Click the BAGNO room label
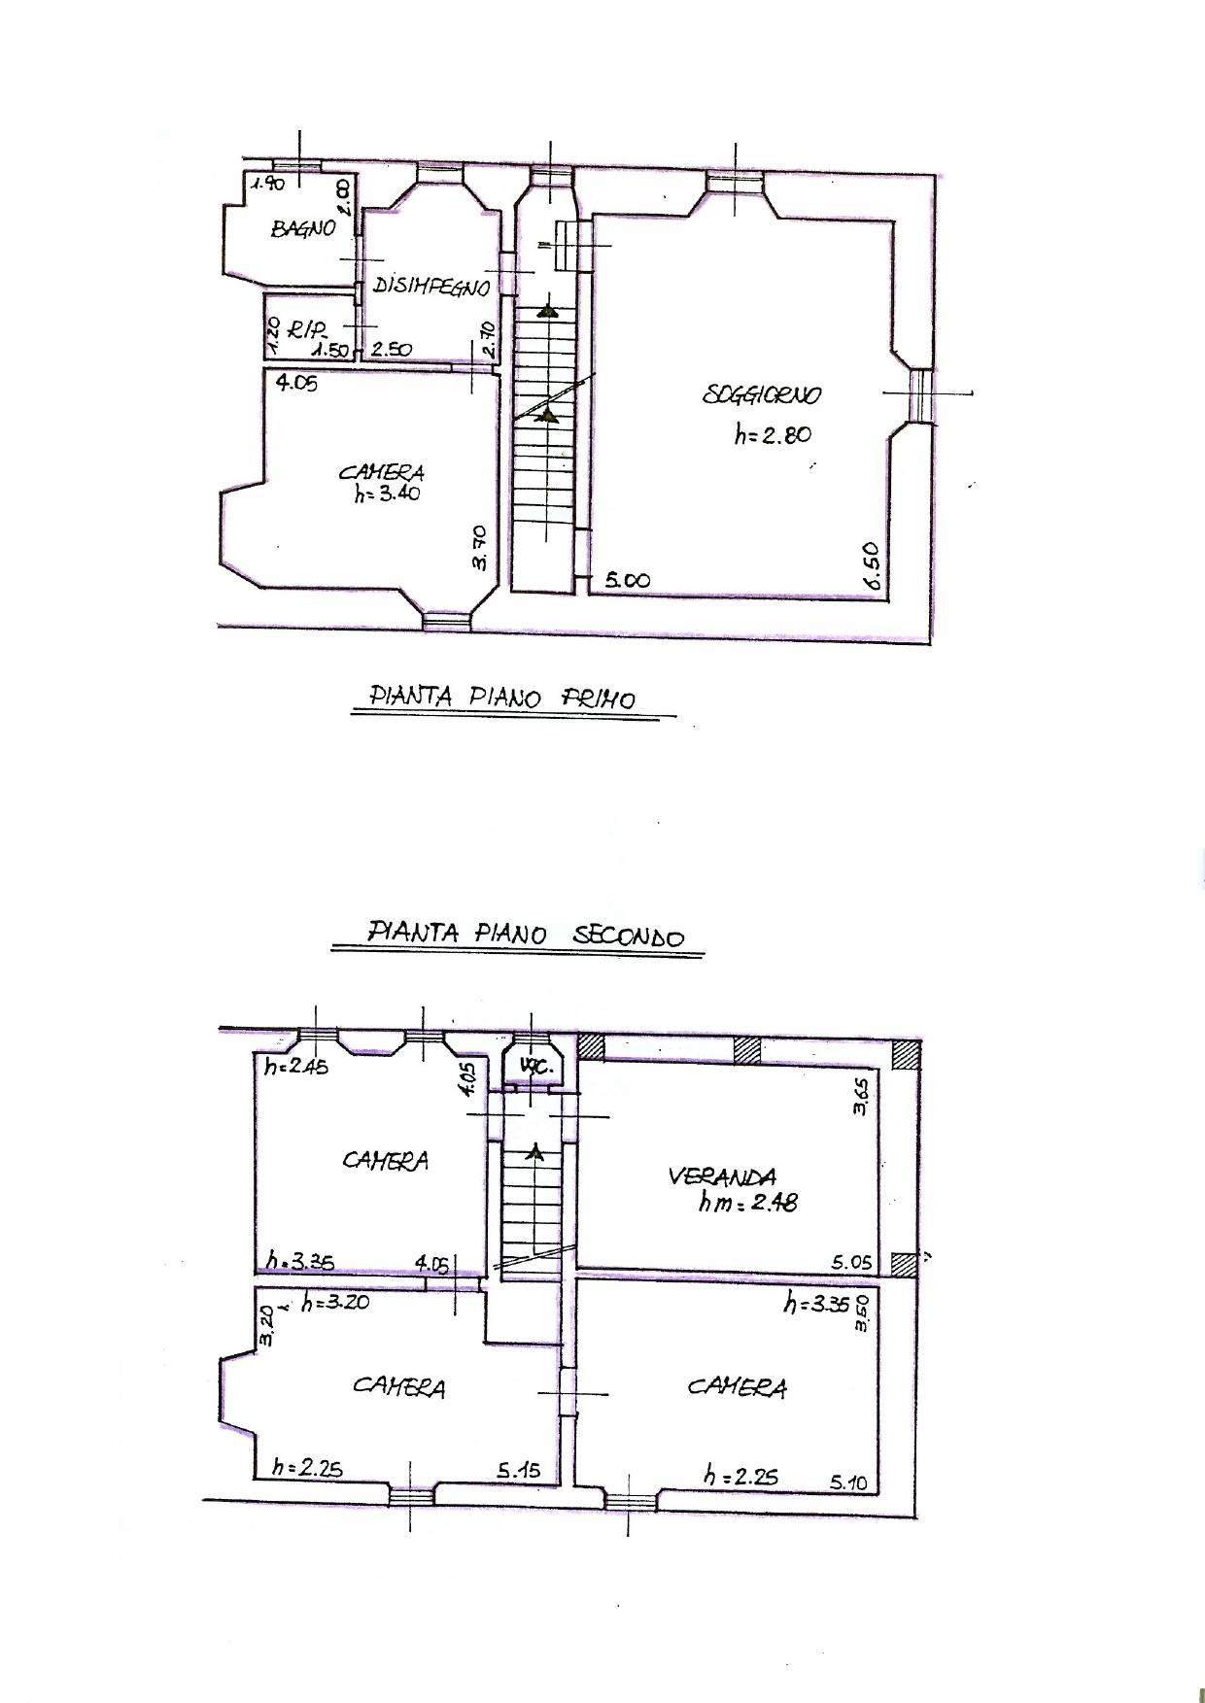pyautogui.click(x=303, y=228)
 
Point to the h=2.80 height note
pyautogui.click(x=772, y=435)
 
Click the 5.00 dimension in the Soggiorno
pyautogui.click(x=627, y=580)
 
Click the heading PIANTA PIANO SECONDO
pyautogui.click(x=526, y=935)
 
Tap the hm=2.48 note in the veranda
pyautogui.click(x=748, y=1203)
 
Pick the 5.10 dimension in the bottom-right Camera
pyautogui.click(x=850, y=1482)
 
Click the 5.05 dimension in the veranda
pyautogui.click(x=852, y=1263)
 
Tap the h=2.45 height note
pyautogui.click(x=296, y=1067)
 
